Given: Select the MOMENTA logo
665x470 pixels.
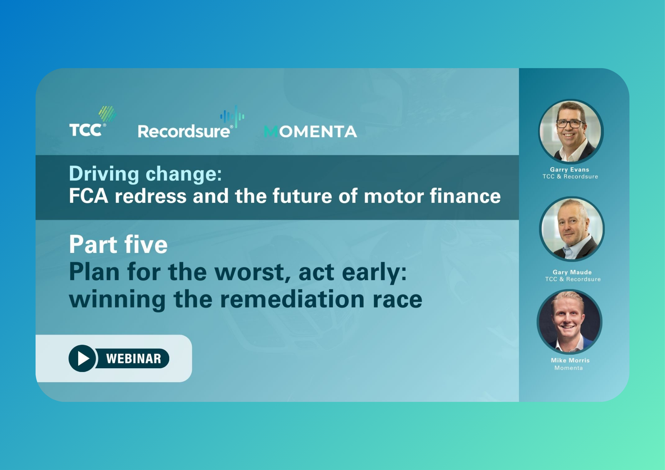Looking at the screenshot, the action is point(311,132).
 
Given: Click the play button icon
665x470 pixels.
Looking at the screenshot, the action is point(82,358).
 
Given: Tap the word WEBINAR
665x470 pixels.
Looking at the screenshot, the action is point(134,359).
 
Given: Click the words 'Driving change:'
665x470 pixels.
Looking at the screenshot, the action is point(145,174).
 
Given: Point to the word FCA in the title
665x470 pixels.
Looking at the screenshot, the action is point(88,196).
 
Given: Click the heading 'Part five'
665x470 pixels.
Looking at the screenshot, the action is point(118,244).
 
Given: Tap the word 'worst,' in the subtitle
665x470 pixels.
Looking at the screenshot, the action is point(253,272).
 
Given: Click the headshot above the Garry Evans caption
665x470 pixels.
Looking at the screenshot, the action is point(571,131).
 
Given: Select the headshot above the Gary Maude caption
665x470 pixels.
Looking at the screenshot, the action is point(572,229).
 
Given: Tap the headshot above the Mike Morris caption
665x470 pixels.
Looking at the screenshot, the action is point(569,322).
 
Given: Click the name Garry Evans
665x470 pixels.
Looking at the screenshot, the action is point(570,170).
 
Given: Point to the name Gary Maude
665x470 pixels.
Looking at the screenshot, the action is point(572,272).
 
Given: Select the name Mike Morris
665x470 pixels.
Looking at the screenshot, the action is point(570,360).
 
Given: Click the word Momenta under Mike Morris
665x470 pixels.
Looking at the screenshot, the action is point(569,368).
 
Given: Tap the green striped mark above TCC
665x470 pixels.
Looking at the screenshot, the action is point(107,114).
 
